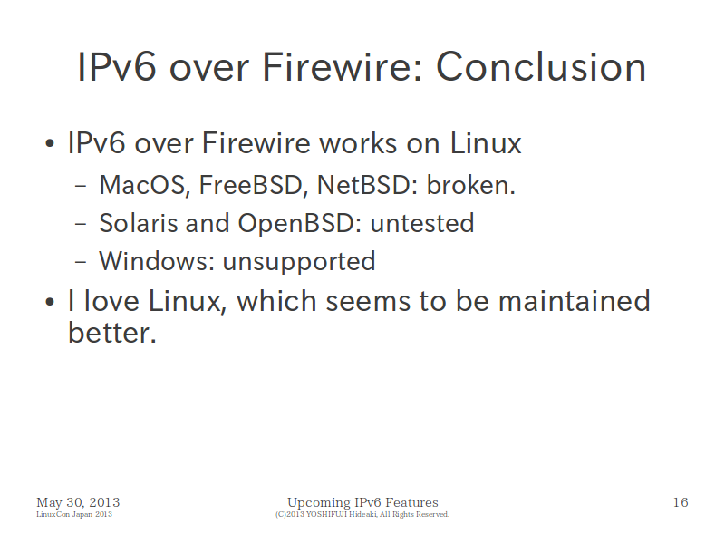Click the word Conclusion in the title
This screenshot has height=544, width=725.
[541, 67]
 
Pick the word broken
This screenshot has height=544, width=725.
[470, 185]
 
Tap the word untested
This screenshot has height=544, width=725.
[422, 223]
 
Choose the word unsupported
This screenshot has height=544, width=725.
[299, 262]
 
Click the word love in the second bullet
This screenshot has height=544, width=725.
[111, 301]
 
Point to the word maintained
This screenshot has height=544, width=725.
[575, 301]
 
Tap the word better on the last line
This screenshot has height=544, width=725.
[112, 333]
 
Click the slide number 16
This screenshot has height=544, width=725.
[681, 502]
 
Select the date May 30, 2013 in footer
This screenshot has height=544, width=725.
[78, 503]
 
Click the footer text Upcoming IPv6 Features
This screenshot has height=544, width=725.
[362, 503]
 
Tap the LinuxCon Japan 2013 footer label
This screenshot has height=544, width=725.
[74, 514]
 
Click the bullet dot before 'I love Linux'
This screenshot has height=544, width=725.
[50, 302]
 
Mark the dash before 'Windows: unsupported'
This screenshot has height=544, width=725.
[81, 262]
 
